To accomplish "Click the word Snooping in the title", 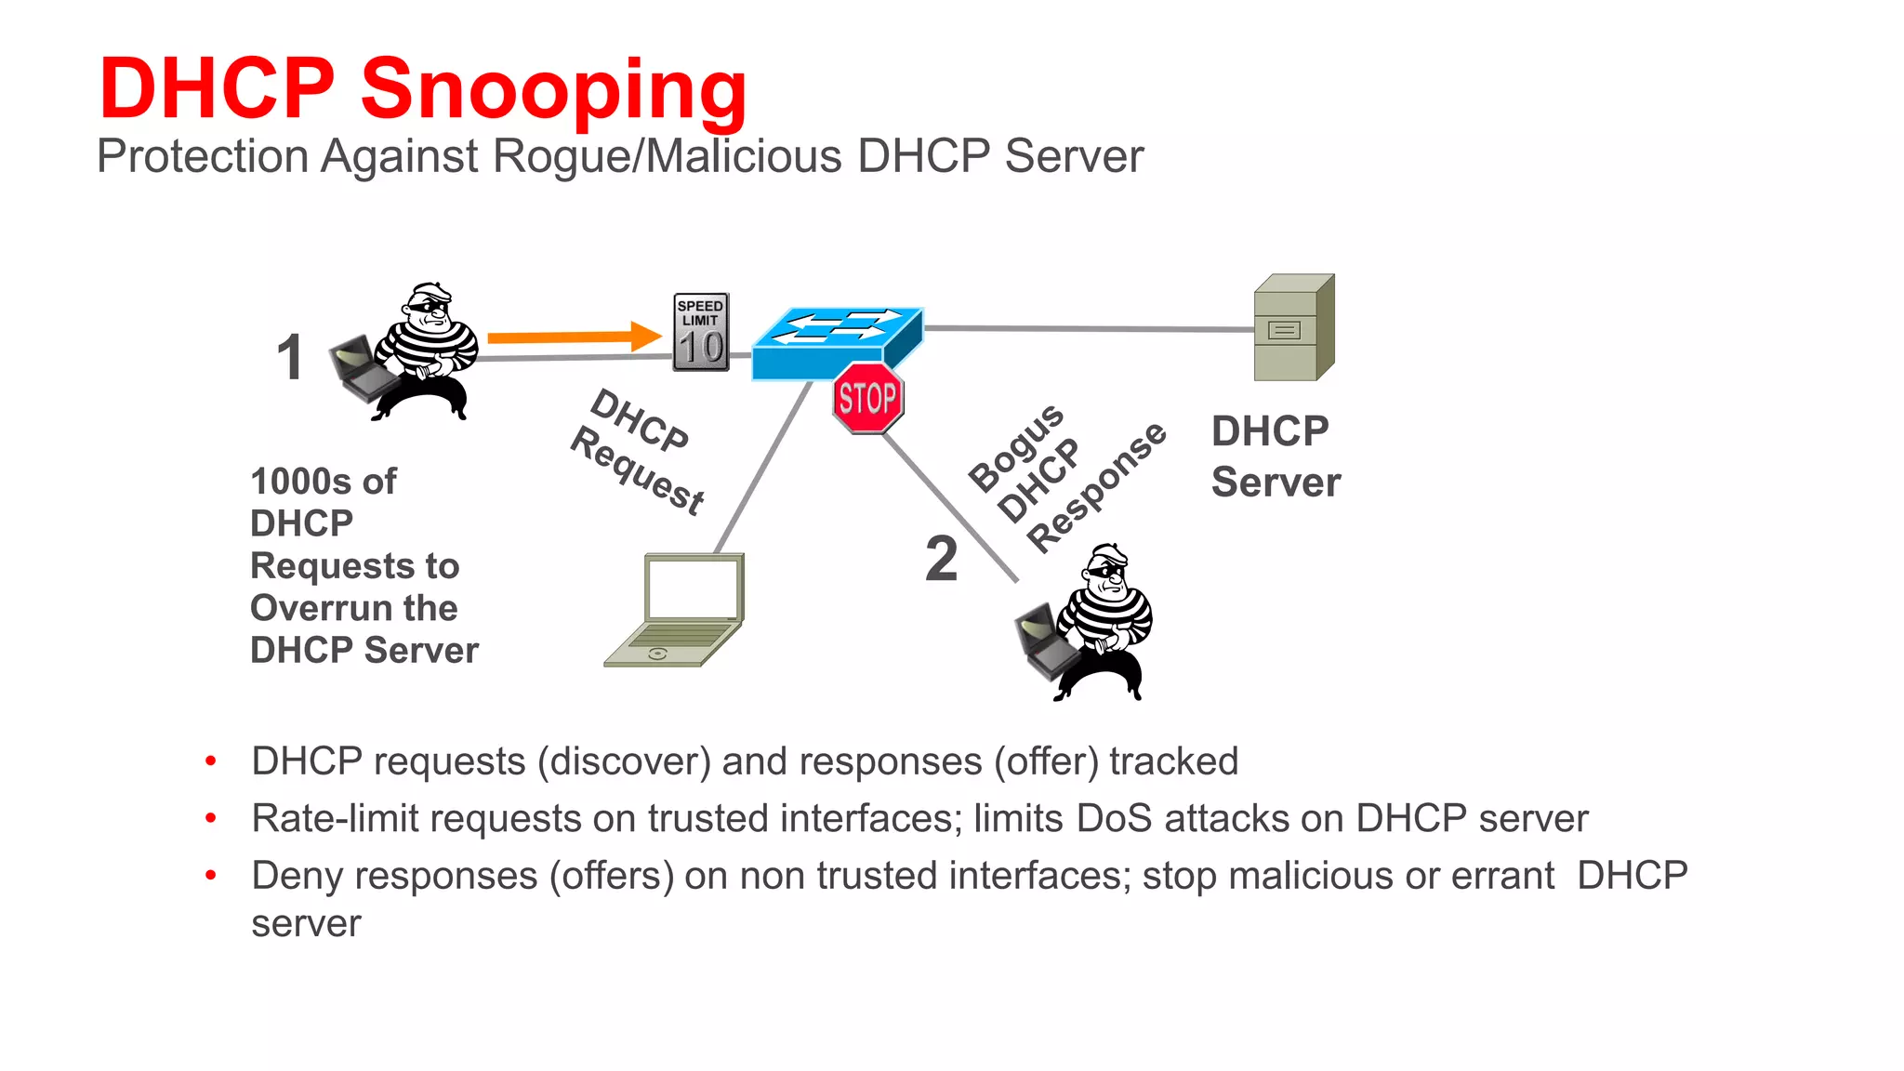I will (554, 90).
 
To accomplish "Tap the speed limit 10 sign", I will (701, 332).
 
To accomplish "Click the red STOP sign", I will (867, 399).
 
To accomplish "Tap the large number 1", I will (290, 358).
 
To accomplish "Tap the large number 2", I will (941, 559).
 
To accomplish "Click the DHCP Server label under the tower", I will (1275, 456).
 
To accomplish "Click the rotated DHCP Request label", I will (637, 452).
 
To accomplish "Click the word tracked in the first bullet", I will (1173, 761).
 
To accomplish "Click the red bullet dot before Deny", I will (211, 875).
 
